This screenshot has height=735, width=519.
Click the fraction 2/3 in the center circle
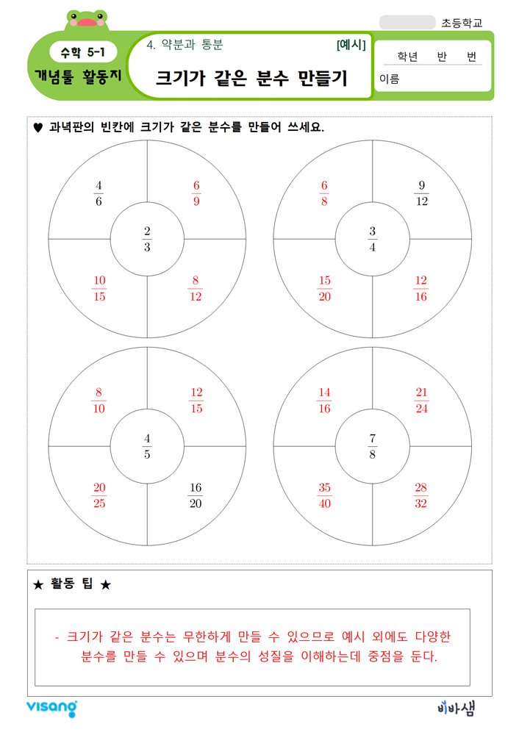pyautogui.click(x=147, y=240)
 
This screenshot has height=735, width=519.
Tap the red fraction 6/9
pyautogui.click(x=196, y=193)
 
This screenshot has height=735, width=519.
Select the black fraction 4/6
pyautogui.click(x=99, y=193)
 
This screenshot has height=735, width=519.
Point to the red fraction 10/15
pyautogui.click(x=99, y=288)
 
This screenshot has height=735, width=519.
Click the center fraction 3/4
pyautogui.click(x=373, y=240)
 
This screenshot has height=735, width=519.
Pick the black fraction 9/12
pyautogui.click(x=421, y=193)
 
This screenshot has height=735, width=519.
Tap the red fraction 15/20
pyautogui.click(x=324, y=288)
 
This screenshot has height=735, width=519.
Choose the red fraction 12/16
pyautogui.click(x=421, y=288)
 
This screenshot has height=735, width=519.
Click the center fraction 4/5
pyautogui.click(x=147, y=446)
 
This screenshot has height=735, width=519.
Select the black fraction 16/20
pyautogui.click(x=196, y=495)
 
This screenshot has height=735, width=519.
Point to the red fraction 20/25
pyautogui.click(x=99, y=495)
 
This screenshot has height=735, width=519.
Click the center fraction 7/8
pyautogui.click(x=373, y=446)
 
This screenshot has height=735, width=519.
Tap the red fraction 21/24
pyautogui.click(x=421, y=400)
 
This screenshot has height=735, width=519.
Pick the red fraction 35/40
pyautogui.click(x=324, y=495)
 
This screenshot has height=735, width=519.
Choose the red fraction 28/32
pyautogui.click(x=421, y=495)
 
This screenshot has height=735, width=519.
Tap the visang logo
pyautogui.click(x=51, y=708)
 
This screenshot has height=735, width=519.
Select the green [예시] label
pyautogui.click(x=351, y=45)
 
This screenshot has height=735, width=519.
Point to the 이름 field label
pyautogui.click(x=390, y=79)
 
